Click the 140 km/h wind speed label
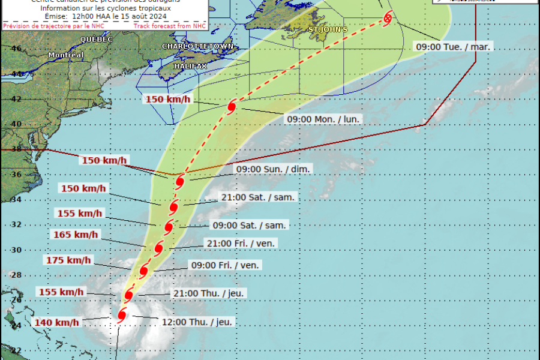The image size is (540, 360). [57, 322]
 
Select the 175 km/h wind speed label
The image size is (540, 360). [69, 260]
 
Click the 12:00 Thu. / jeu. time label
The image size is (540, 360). [197, 322]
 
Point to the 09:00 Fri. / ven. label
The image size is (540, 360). [226, 265]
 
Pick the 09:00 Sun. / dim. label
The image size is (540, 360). [273, 169]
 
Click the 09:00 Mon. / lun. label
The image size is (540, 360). [323, 119]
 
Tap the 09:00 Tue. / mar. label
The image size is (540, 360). [454, 46]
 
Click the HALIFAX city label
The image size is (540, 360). [191, 65]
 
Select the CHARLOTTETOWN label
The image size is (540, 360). [197, 46]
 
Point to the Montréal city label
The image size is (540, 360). [65, 55]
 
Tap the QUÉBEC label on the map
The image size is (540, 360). [96, 39]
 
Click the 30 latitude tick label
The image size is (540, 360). [16, 250]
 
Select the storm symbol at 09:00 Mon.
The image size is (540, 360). [232, 107]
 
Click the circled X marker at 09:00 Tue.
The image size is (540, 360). [388, 18]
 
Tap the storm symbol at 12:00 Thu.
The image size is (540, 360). [122, 315]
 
